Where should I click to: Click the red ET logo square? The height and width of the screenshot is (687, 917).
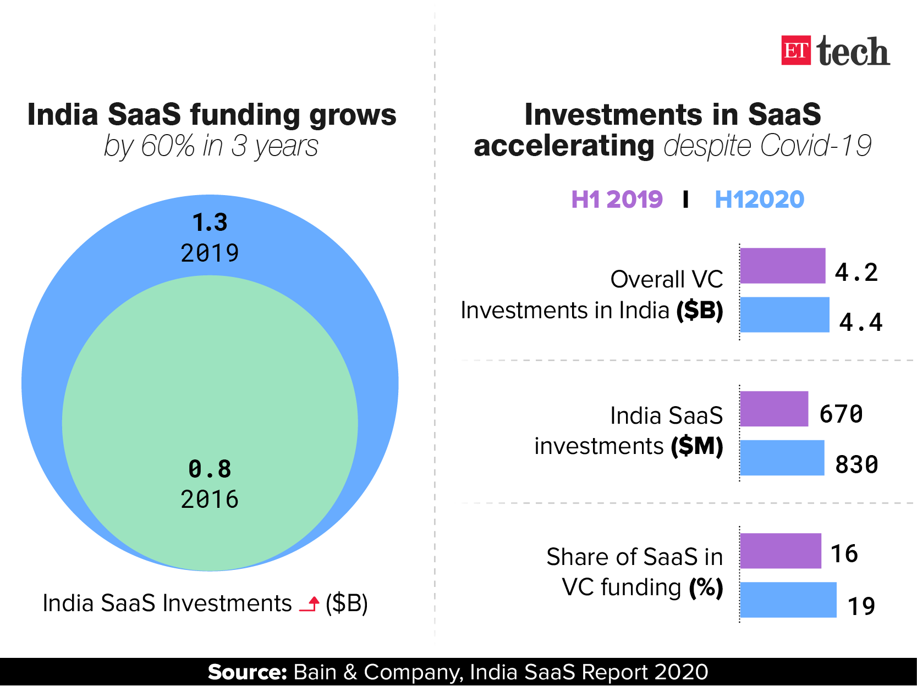(x=795, y=51)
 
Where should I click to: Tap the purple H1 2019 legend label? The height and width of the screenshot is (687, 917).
(x=617, y=200)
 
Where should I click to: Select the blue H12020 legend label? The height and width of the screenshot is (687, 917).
(x=759, y=200)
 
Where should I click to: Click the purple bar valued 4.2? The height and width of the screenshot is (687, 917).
(x=782, y=266)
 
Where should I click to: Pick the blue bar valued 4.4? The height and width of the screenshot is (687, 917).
(x=784, y=315)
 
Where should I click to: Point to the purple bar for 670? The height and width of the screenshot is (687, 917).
(x=774, y=409)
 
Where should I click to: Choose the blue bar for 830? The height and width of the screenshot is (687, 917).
(x=782, y=458)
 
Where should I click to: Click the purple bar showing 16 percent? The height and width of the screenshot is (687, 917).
(x=780, y=551)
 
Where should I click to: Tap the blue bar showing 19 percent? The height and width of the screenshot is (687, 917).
(x=788, y=600)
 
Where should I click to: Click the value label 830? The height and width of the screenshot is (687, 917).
(x=856, y=465)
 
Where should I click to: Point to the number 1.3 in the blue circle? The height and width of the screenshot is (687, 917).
(x=210, y=223)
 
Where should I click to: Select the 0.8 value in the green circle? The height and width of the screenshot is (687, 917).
(x=210, y=469)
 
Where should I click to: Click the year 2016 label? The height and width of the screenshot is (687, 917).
(x=210, y=500)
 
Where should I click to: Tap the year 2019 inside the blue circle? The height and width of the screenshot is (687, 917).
(x=210, y=253)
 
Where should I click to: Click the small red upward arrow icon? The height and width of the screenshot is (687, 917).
(x=310, y=604)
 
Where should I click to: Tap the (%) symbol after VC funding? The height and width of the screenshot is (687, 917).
(x=706, y=588)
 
